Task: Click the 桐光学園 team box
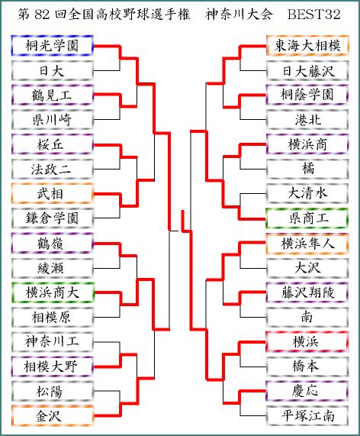click(52, 46)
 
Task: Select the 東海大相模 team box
click(307, 46)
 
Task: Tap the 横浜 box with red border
click(307, 341)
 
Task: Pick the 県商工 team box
click(307, 218)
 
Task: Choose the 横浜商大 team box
click(52, 292)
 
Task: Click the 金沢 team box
click(52, 416)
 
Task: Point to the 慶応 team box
click(307, 391)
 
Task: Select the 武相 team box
click(52, 193)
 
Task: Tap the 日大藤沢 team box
click(307, 70)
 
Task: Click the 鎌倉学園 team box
click(52, 218)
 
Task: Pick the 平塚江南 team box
click(307, 416)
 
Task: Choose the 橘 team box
click(307, 169)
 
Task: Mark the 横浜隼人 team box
click(307, 244)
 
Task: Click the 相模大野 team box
click(52, 367)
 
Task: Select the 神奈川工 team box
click(52, 341)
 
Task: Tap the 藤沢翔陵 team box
click(307, 292)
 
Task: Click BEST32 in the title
click(314, 15)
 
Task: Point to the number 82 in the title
click(42, 15)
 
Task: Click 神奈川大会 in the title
click(239, 15)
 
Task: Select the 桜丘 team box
click(52, 144)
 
